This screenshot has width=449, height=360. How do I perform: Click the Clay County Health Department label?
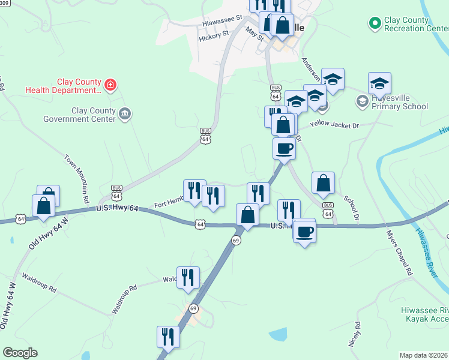pos(63,86)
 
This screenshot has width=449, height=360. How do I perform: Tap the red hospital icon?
pos(110,86)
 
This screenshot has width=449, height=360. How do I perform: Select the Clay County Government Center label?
pos(79,115)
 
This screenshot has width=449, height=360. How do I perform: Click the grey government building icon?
pos(125,113)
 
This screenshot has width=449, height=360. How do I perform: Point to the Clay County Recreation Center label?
pos(406,24)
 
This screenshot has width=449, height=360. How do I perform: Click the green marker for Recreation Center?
pos(375,23)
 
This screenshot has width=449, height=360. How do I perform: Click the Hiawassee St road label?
pos(221,21)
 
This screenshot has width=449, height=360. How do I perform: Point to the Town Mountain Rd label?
pos(76,178)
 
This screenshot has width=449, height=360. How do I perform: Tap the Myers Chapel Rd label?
pos(399,252)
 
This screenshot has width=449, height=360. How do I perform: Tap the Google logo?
pos(20,353)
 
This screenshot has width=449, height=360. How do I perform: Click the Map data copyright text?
pos(423,355)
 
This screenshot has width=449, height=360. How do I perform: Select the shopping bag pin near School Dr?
pos(323,183)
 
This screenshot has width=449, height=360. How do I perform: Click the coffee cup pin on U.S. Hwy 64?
pos(304,231)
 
